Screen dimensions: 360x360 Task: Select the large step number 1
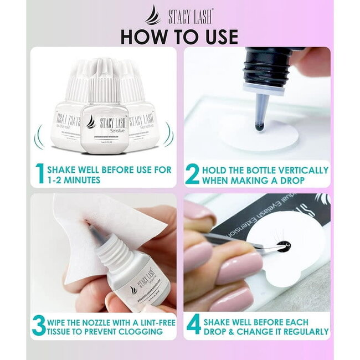(39, 173)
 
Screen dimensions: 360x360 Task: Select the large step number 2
(192, 173)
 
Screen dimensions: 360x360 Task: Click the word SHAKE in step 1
(63, 169)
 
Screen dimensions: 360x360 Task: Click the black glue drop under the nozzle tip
(258, 126)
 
